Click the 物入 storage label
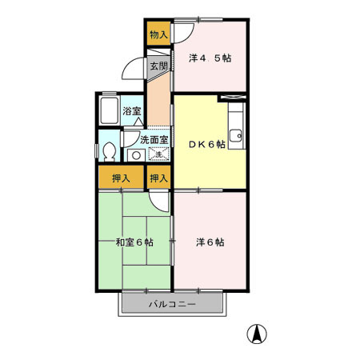158,34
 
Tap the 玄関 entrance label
158,67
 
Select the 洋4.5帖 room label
210,58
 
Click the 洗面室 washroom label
154,139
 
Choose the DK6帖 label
206,145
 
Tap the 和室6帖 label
134,242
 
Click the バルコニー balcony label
171,305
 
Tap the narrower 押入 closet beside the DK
158,178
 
